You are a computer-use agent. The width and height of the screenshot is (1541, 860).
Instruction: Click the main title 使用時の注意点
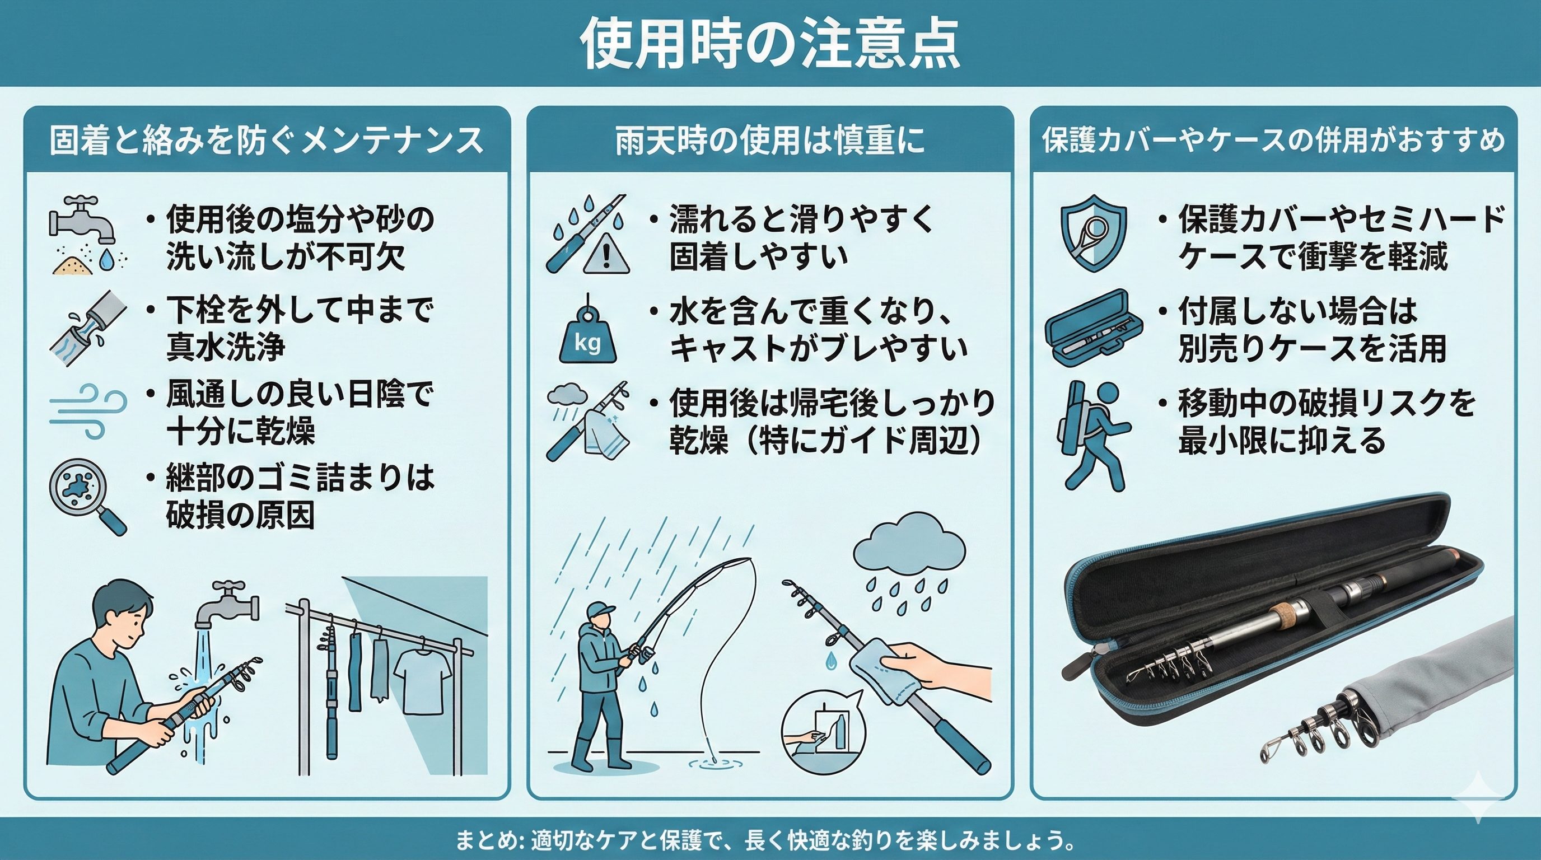[770, 44]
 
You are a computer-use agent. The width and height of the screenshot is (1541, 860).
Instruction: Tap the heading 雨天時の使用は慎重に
[770, 141]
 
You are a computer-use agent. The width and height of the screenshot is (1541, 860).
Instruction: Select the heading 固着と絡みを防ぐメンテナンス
[267, 141]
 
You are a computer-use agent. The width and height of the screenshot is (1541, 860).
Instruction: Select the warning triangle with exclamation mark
[605, 256]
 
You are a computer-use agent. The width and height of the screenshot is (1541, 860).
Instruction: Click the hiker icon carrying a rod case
[1092, 436]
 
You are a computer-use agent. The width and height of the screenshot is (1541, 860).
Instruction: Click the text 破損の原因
[240, 516]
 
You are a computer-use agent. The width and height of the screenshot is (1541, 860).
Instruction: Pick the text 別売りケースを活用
[1313, 348]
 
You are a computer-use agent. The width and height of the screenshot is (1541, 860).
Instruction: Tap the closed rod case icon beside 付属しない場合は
[1095, 328]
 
